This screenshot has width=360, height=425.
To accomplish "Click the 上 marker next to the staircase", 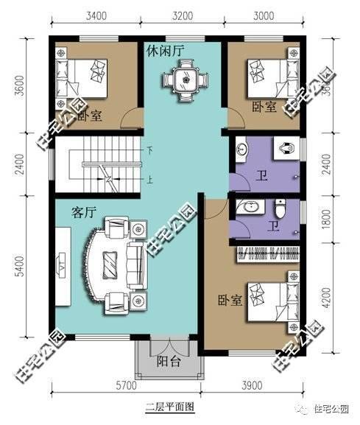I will coord(149,178).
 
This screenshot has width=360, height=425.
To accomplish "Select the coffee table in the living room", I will coord(110,261).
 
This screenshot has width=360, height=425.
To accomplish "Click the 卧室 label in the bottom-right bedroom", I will coord(229,301).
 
